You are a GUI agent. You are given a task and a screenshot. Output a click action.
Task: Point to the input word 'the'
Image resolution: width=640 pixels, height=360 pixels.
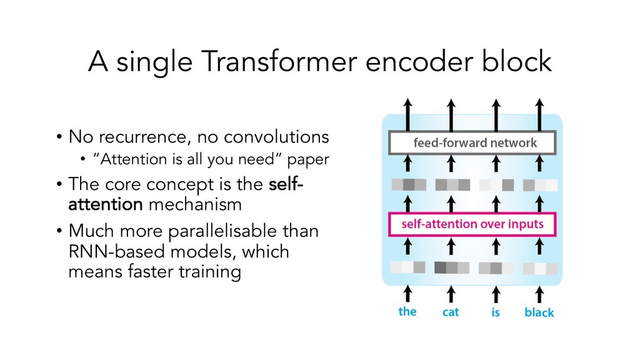coord(407,311)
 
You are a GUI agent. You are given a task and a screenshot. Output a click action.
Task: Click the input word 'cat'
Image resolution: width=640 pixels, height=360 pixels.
coord(451,311)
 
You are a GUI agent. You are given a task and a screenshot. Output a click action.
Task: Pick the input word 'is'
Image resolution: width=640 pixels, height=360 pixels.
coord(495,312)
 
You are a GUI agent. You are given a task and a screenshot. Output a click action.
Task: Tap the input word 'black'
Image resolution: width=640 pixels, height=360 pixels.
coord(539,312)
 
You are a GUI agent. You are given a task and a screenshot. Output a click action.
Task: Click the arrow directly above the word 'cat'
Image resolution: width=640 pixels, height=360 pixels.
coord(451,291)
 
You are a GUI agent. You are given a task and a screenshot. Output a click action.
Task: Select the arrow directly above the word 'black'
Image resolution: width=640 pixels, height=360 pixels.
coord(539,291)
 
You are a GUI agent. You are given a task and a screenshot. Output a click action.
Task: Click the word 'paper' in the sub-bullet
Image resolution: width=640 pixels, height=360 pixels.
coord(309,160)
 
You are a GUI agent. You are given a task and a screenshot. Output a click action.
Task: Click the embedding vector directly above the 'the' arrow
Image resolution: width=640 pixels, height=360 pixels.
coord(407,267)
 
